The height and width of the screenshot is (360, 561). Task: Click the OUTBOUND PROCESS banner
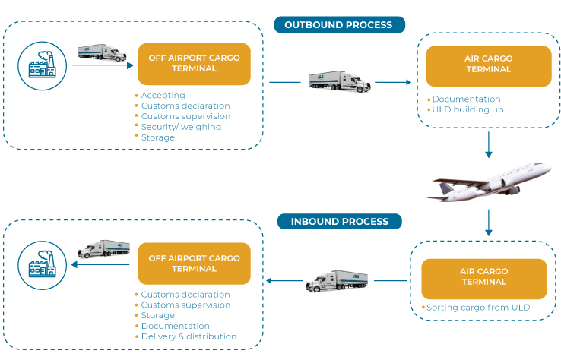(338, 25)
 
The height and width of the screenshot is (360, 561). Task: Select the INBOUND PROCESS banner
(338, 222)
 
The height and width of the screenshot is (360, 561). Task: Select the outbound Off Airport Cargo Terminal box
(194, 63)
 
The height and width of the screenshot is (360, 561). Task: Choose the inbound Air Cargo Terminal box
(483, 277)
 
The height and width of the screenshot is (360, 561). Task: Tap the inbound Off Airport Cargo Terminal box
(194, 264)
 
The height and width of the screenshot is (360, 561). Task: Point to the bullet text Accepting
(163, 96)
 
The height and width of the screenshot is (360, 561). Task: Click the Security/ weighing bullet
(181, 127)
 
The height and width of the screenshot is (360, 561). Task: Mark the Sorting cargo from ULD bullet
(480, 308)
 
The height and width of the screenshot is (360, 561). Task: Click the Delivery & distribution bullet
(188, 336)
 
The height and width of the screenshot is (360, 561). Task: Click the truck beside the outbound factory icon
(102, 52)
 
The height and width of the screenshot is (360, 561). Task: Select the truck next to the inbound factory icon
(104, 250)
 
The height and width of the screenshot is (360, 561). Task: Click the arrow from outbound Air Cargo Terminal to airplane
(489, 144)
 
